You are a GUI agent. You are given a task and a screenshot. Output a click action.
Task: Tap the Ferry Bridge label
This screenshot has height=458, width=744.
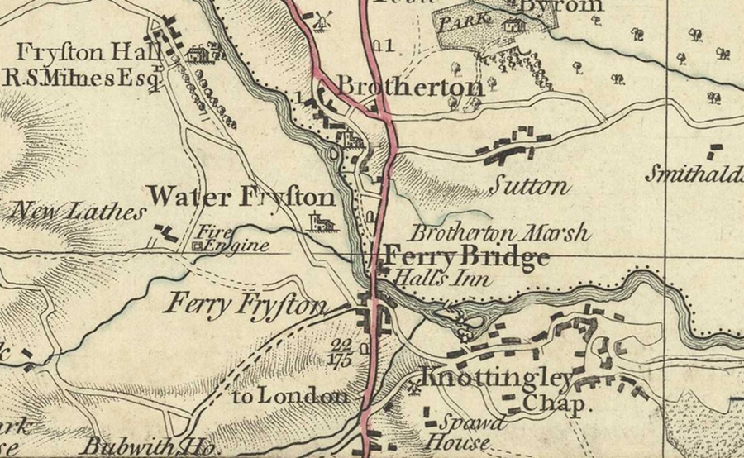tap(466, 256)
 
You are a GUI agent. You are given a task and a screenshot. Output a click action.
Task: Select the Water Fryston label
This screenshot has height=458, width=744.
tap(241, 198)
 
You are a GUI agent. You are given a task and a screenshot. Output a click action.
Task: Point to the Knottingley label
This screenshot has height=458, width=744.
tap(497, 379)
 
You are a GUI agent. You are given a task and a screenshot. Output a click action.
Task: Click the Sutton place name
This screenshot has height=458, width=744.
tap(528, 185)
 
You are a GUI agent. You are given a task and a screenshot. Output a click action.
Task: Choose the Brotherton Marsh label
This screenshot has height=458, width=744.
tap(500, 233)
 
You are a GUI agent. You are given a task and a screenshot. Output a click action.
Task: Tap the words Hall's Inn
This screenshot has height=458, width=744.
tap(442, 279)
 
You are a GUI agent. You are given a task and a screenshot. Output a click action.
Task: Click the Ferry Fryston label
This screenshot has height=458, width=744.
tap(246, 305)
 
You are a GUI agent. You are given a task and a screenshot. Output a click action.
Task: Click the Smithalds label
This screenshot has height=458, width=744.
tap(694, 174)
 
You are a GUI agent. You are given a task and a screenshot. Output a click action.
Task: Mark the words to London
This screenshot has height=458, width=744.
tap(289, 396)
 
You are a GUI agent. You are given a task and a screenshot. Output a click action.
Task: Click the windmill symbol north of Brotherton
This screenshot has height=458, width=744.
tap(321, 20)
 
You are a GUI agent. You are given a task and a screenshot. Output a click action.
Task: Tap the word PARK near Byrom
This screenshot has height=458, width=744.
tap(460, 22)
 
